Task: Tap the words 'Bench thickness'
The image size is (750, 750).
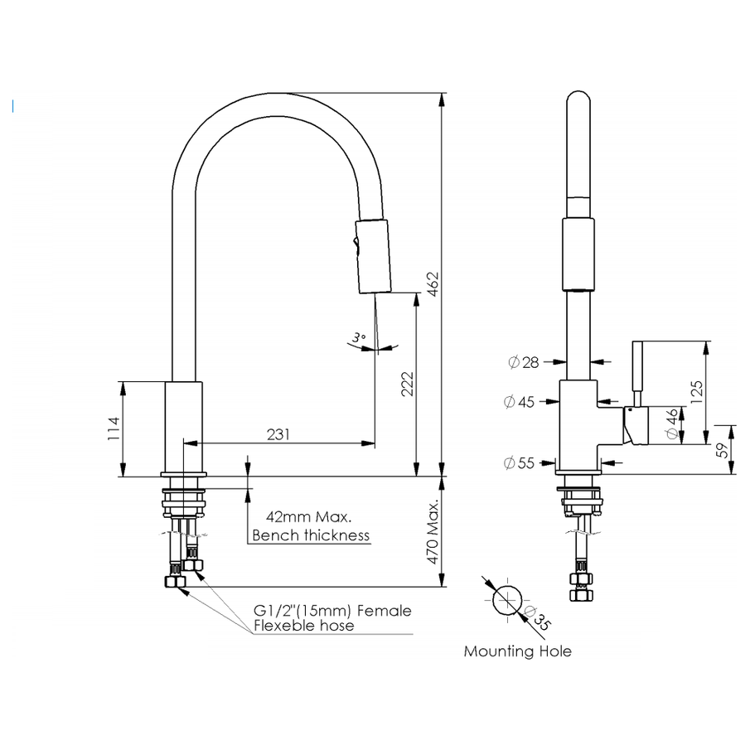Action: pyautogui.click(x=311, y=535)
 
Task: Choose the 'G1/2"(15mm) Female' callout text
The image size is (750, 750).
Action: pyautogui.click(x=331, y=611)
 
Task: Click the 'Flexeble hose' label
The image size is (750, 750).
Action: pyautogui.click(x=303, y=626)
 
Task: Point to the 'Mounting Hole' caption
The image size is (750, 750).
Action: pyautogui.click(x=517, y=651)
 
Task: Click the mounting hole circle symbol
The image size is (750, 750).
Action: pyautogui.click(x=507, y=599)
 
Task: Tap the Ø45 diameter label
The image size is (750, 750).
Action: pyautogui.click(x=520, y=402)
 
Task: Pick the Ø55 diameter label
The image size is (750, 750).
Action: pyautogui.click(x=520, y=463)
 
